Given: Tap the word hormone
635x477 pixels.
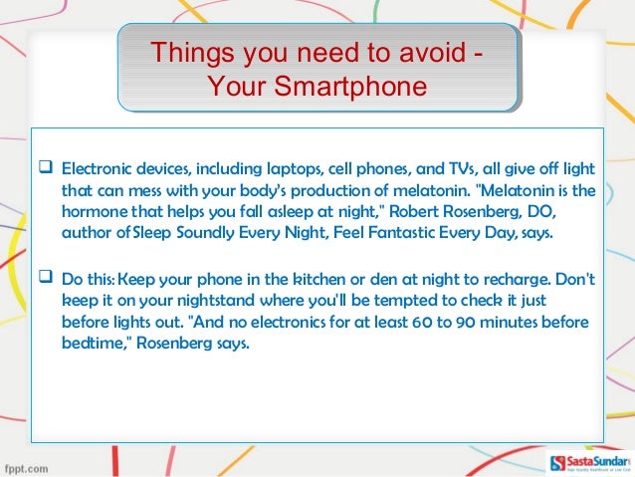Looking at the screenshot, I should (x=96, y=211).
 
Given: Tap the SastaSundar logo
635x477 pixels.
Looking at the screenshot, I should (x=588, y=463).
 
